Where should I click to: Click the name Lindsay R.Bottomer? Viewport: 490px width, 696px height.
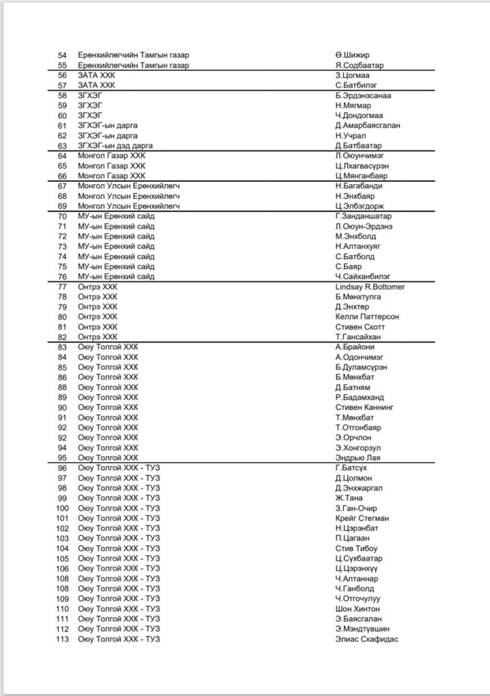pyautogui.click(x=370, y=287)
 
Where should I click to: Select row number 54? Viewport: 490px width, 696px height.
pyautogui.click(x=63, y=55)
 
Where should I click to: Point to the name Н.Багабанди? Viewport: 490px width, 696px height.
pyautogui.click(x=358, y=186)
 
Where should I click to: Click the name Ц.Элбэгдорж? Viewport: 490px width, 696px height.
pyautogui.click(x=360, y=206)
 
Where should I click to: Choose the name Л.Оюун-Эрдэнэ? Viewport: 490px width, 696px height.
pyautogui.click(x=364, y=226)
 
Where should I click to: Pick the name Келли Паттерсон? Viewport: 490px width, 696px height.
pyautogui.click(x=367, y=317)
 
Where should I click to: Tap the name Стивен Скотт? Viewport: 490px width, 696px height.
pyautogui.click(x=361, y=327)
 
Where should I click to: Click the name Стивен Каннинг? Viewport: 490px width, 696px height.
pyautogui.click(x=364, y=407)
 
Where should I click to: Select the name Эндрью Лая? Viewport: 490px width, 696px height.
pyautogui.click(x=357, y=457)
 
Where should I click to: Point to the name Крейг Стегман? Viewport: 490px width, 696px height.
pyautogui.click(x=362, y=518)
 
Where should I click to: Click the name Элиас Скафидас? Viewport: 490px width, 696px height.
pyautogui.click(x=366, y=639)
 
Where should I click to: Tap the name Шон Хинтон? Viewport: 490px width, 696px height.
pyautogui.click(x=357, y=609)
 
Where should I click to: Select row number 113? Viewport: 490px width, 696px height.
pyautogui.click(x=63, y=639)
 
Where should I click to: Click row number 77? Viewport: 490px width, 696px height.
pyautogui.click(x=63, y=287)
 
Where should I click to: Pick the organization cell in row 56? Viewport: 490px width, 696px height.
pyautogui.click(x=97, y=75)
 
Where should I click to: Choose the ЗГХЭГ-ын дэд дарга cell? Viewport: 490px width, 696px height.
pyautogui.click(x=116, y=145)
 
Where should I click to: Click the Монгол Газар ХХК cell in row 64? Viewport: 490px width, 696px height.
pyautogui.click(x=111, y=156)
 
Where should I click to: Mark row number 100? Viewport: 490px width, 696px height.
pyautogui.click(x=63, y=508)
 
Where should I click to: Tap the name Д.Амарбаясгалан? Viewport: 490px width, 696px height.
pyautogui.click(x=368, y=126)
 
